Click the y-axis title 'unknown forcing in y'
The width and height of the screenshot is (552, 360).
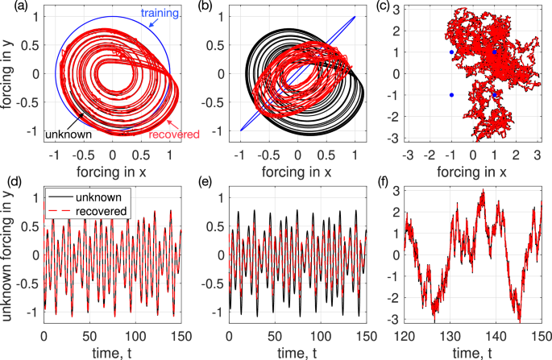click(x=10, y=259)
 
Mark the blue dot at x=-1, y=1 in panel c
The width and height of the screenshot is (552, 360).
click(x=451, y=52)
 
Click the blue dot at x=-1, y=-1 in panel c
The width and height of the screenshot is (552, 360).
click(x=451, y=95)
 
